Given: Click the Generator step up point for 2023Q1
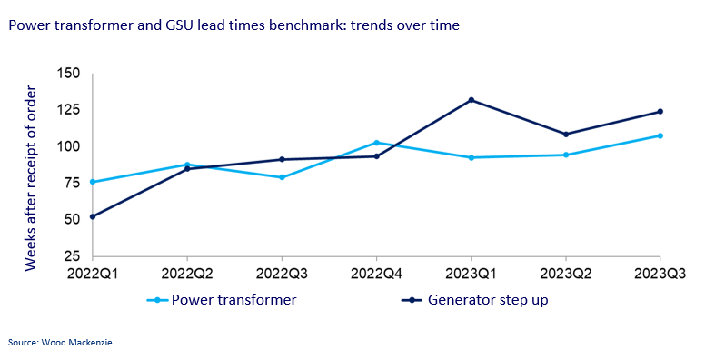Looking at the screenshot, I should pyautogui.click(x=471, y=100).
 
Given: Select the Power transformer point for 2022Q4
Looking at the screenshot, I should pyautogui.click(x=376, y=143).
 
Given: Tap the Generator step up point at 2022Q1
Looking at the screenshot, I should pyautogui.click(x=93, y=216).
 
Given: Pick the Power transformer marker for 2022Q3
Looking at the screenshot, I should pyautogui.click(x=282, y=177).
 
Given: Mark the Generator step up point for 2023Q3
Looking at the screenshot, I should pyautogui.click(x=660, y=112).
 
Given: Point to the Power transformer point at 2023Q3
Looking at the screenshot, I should pyautogui.click(x=660, y=135).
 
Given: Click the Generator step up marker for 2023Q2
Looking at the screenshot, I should pyautogui.click(x=565, y=135).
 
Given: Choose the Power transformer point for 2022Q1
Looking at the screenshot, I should pyautogui.click(x=93, y=182).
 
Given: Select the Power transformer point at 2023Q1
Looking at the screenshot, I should pyautogui.click(x=471, y=157).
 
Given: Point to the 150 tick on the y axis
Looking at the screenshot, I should pyautogui.click(x=69, y=74).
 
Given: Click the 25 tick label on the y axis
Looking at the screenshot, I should pyautogui.click(x=73, y=255).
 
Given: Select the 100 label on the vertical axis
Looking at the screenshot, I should pyautogui.click(x=69, y=146).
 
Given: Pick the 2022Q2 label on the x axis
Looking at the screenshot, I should pyautogui.click(x=187, y=272).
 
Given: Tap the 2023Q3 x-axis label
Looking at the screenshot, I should pyautogui.click(x=660, y=272).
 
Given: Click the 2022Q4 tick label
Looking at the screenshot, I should pyautogui.click(x=376, y=272).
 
